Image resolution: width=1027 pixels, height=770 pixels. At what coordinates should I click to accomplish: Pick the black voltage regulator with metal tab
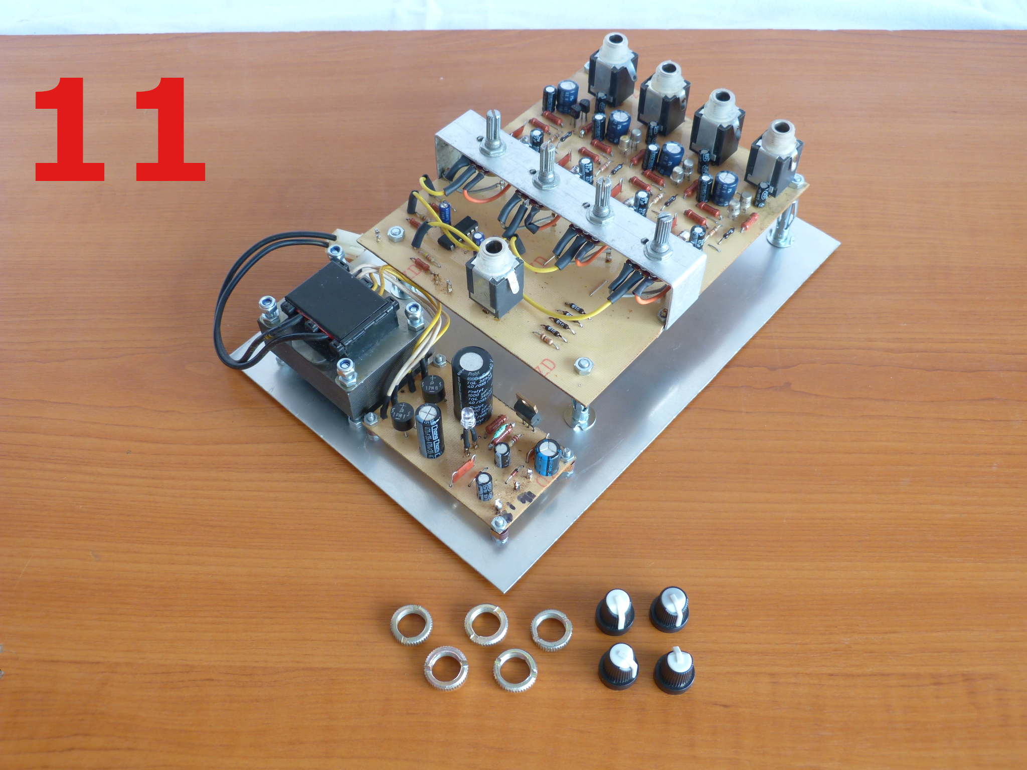[x=527, y=409]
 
